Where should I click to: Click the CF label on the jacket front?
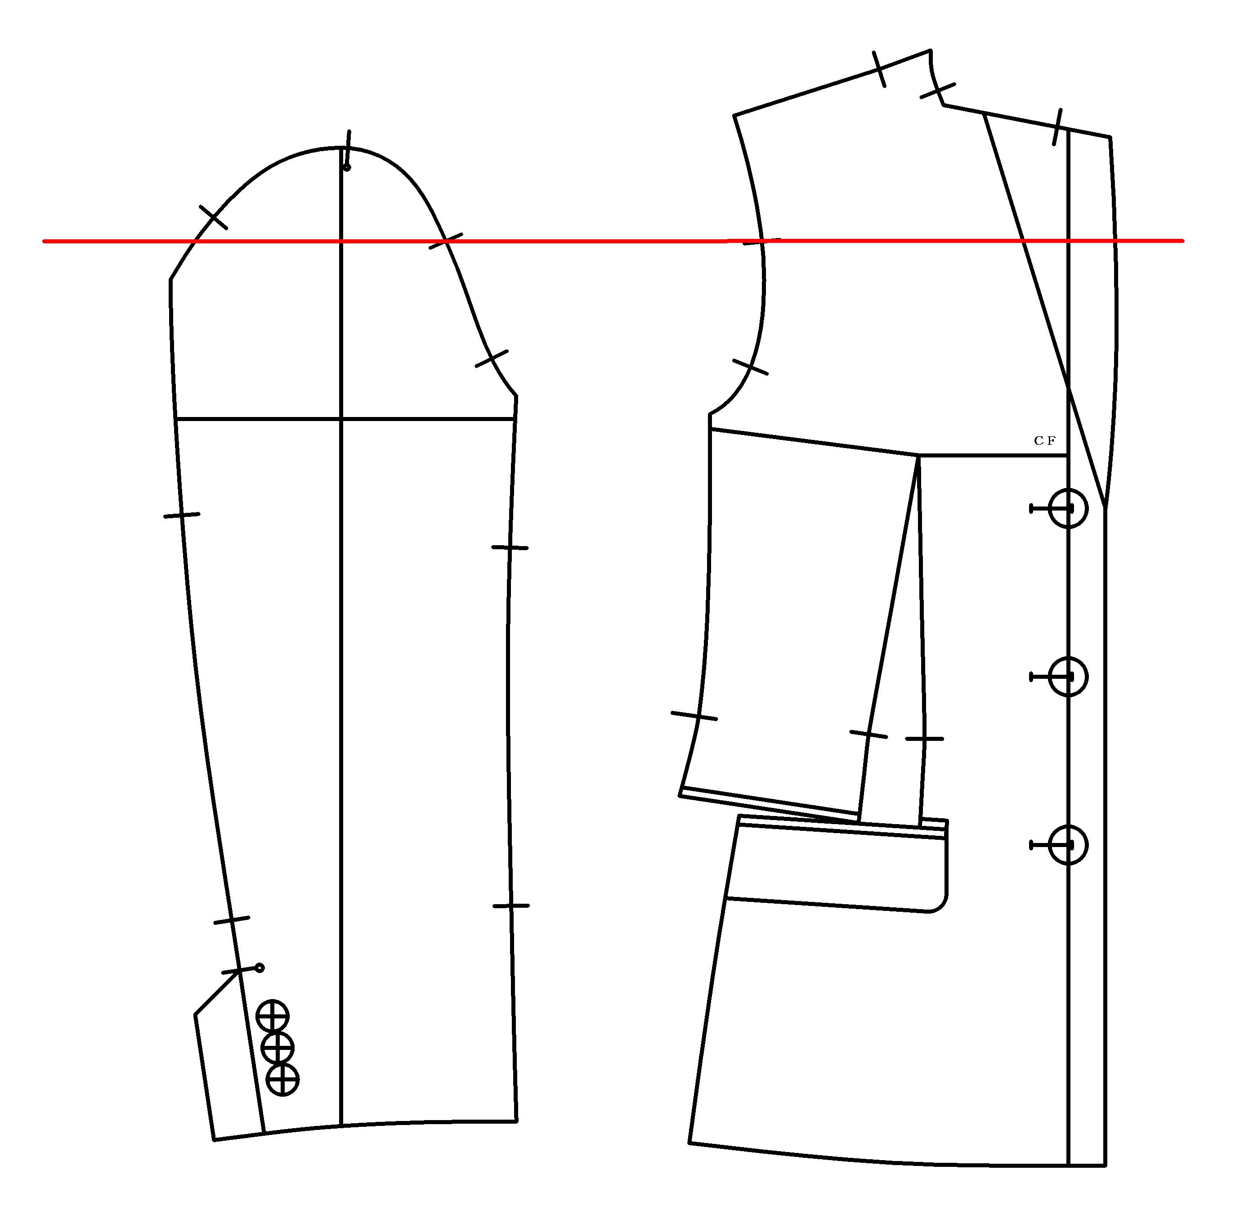coord(1044,441)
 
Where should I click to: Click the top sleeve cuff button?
coord(272,1017)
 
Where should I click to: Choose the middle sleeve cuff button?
coord(278,1048)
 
